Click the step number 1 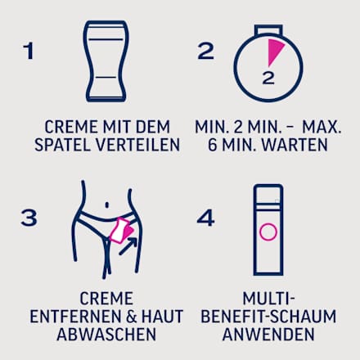pyautogui.click(x=29, y=51)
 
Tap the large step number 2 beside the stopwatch pyautogui.click(x=205, y=51)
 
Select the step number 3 pyautogui.click(x=29, y=218)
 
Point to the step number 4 pyautogui.click(x=205, y=218)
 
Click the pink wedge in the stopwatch pyautogui.click(x=274, y=51)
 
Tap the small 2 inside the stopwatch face pyautogui.click(x=268, y=78)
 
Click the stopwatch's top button pyautogui.click(x=268, y=29)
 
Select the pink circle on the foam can pyautogui.click(x=268, y=232)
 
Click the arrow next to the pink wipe pyautogui.click(x=128, y=246)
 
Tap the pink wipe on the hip pyautogui.click(x=122, y=231)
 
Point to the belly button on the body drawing pyautogui.click(x=107, y=205)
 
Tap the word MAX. pyautogui.click(x=322, y=127)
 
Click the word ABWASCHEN pyautogui.click(x=106, y=334)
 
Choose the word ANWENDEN pyautogui.click(x=268, y=334)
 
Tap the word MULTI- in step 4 pyautogui.click(x=268, y=299)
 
